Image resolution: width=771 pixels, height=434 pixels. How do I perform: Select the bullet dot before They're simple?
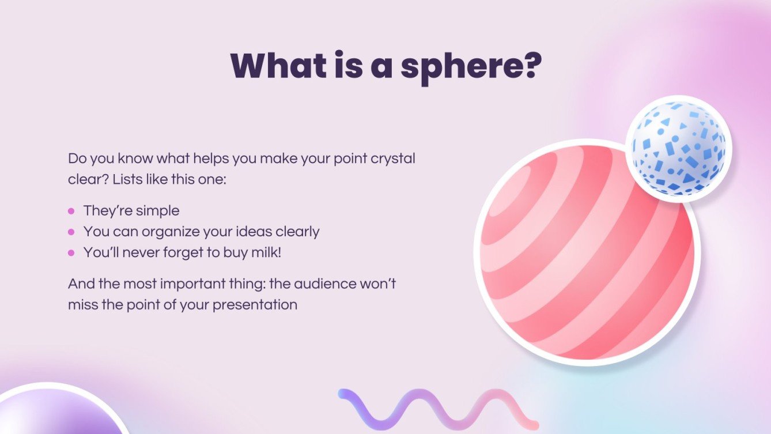pos(71,211)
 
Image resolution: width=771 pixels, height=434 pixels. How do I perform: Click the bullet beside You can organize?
pos(71,232)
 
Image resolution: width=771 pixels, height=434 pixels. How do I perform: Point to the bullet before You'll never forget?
pos(71,252)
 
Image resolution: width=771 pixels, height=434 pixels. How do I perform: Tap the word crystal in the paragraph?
pos(394,158)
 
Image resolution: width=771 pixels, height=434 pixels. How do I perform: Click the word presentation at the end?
pos(255,305)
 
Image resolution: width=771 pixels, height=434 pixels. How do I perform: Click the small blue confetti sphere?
pos(678,149)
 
